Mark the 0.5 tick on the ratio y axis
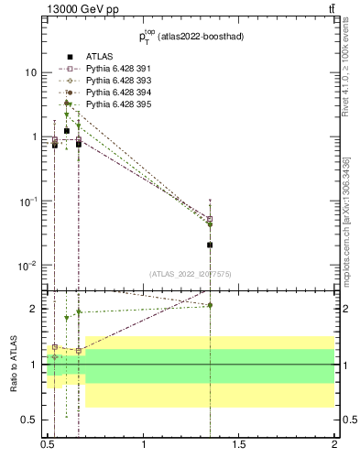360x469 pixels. tap(30, 420)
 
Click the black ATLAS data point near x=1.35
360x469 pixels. tap(210, 245)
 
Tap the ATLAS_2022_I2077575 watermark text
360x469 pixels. tap(191, 273)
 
